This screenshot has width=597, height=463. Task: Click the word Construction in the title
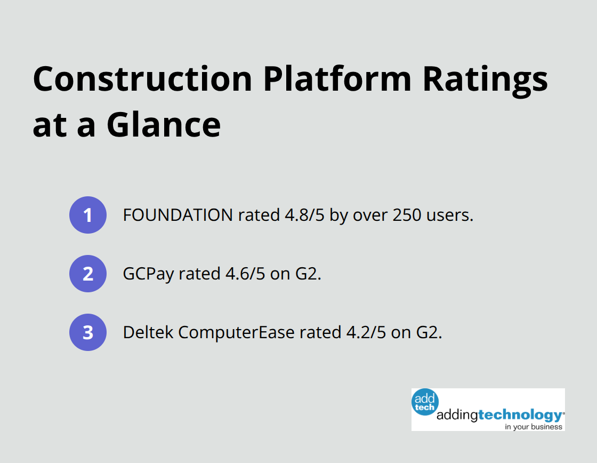[x=142, y=79]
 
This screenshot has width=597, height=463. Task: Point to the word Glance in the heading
[x=164, y=125]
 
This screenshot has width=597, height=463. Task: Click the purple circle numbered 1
[x=88, y=215]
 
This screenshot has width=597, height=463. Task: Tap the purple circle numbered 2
[x=88, y=274]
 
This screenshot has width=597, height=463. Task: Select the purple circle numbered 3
[x=88, y=332]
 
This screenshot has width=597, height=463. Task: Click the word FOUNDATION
[x=178, y=215]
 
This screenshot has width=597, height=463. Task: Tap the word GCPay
[x=148, y=274]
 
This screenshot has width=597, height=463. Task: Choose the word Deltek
[x=148, y=332]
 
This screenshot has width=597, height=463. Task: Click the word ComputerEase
[x=236, y=332]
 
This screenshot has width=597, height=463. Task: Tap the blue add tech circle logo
[x=425, y=401]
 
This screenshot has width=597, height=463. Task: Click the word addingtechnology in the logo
[x=499, y=415]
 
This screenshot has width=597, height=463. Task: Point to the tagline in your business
[x=534, y=426]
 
